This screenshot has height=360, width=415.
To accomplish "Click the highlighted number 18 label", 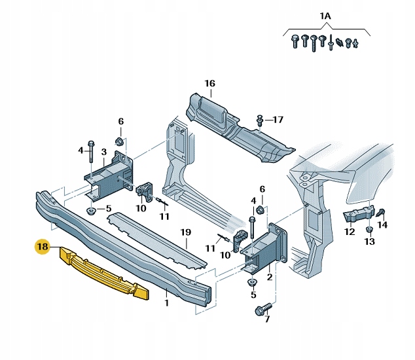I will coord(43,247).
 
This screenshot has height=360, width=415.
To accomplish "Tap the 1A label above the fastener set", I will coord(325,15).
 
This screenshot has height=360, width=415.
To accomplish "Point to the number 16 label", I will coord(209,83).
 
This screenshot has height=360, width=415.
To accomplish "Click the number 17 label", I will coord(278,119).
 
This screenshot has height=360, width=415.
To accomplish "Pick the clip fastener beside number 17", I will coord(261,119).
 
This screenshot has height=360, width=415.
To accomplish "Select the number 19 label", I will coord(185,232).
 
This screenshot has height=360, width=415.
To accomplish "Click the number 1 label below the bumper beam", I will coord(166,302).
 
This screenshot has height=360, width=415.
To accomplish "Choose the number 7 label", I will coord(266,320).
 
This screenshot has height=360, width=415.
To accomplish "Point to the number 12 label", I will coord(350,232).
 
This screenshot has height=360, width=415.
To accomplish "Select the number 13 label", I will coord(369,242).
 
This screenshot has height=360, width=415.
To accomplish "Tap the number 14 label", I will coord(383,225).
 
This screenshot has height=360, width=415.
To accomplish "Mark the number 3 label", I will coord(103,152).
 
